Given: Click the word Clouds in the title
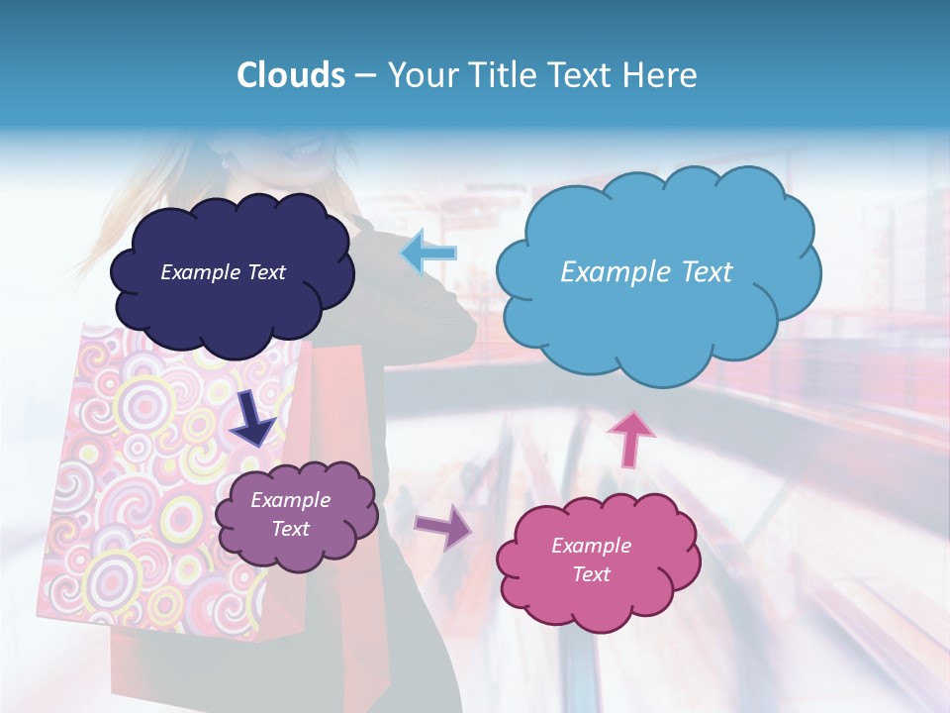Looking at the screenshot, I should (x=291, y=75).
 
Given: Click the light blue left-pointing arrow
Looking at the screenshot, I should (x=428, y=253).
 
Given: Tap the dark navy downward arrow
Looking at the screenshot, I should (x=255, y=417).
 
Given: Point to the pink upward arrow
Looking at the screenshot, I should (x=630, y=439).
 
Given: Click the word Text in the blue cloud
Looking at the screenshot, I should (x=700, y=272).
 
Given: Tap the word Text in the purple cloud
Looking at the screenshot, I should (x=291, y=529).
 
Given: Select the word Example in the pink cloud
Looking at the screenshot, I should (x=591, y=546).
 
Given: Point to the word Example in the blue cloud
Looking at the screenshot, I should (x=611, y=272).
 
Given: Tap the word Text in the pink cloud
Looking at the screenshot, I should (x=591, y=574).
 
